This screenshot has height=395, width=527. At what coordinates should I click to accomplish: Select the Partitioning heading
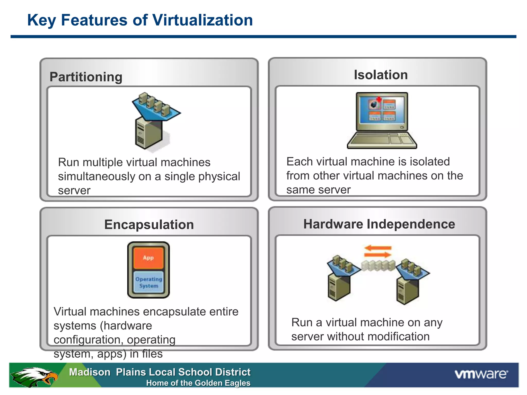[86, 77]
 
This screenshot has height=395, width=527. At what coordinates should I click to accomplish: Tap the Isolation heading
[381, 75]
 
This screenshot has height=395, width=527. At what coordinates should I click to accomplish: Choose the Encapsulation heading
[149, 225]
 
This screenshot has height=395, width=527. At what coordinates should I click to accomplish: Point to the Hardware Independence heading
[379, 224]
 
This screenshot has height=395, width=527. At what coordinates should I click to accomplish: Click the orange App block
[148, 258]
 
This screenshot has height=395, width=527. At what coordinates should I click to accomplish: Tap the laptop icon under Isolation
[382, 120]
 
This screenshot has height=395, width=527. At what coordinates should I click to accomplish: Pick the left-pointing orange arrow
[378, 248]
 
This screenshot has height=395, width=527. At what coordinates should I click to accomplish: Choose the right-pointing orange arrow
[378, 255]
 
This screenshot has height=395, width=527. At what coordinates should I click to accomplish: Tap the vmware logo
[481, 374]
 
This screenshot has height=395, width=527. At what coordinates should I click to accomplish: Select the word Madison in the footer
[90, 372]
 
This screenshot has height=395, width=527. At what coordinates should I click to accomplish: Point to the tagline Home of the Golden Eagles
[198, 383]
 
